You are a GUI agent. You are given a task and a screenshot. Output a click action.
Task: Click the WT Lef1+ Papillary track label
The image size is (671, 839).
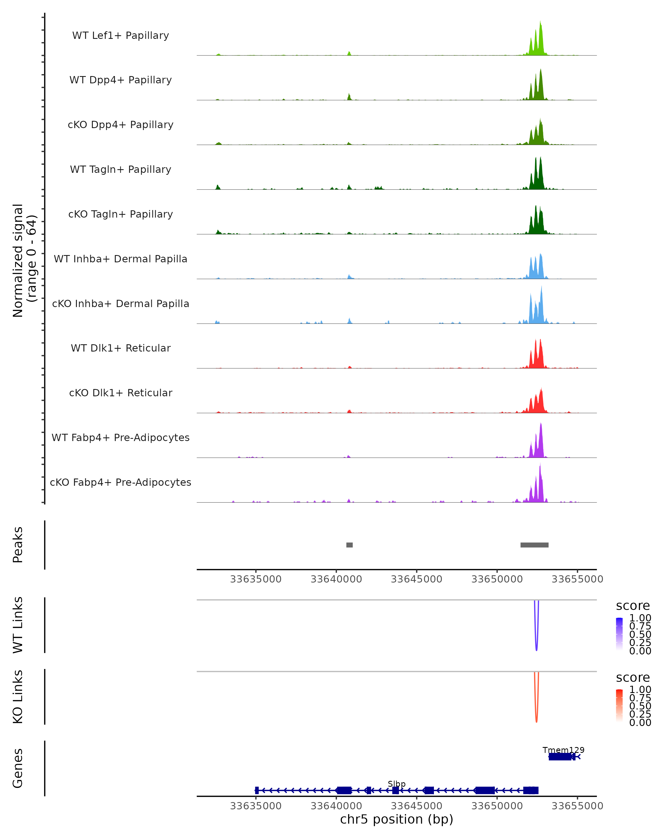121,36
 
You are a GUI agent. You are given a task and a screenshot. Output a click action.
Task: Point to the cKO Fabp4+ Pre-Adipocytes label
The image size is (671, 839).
121,482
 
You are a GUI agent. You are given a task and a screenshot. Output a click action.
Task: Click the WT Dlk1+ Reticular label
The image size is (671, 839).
121,348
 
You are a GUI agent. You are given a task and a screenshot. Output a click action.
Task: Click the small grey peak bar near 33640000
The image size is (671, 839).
349,545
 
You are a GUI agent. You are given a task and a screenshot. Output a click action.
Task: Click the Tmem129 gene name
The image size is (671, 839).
563,750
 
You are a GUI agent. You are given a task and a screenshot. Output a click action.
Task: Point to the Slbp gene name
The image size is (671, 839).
396,784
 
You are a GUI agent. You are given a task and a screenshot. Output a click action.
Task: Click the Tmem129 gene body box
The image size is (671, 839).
560,756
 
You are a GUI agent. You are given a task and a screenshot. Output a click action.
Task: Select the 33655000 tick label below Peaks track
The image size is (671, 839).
577,579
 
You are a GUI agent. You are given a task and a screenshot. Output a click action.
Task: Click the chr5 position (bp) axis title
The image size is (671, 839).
396,819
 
